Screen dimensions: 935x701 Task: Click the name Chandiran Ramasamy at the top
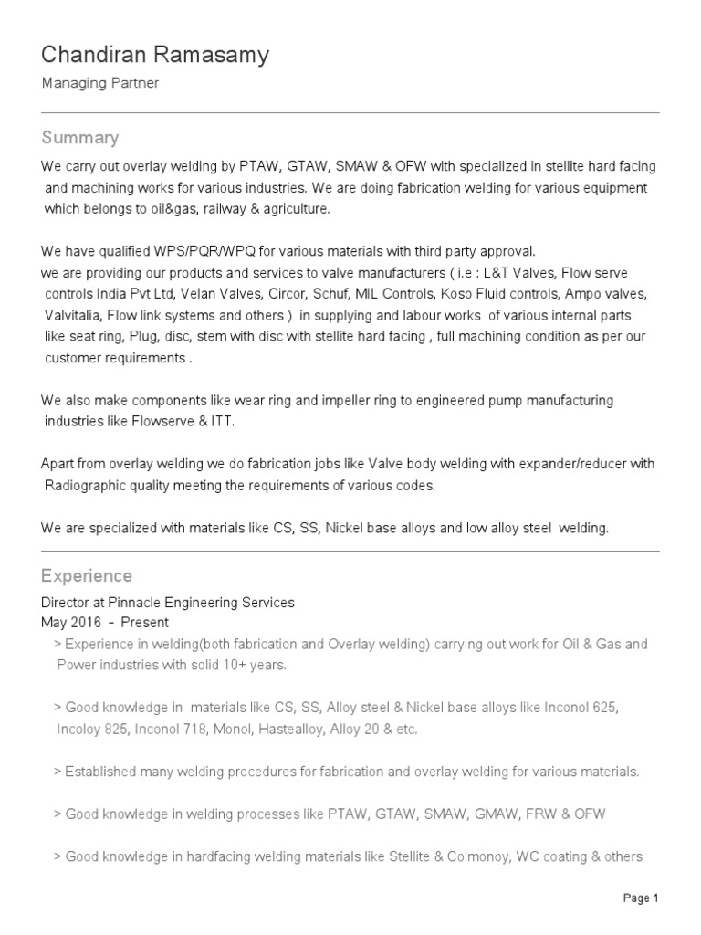point(155,56)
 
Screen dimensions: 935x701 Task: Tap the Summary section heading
point(80,138)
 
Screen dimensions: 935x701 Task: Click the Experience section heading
point(87,576)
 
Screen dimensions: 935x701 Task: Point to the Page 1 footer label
point(641,898)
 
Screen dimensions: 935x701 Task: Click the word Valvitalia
point(72,315)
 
